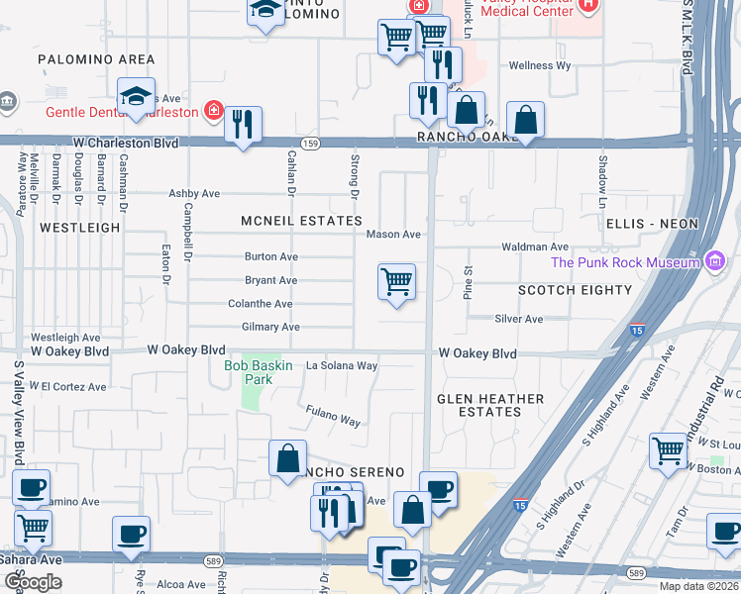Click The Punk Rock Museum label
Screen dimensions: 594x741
click(x=624, y=262)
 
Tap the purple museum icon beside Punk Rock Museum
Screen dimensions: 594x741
click(x=713, y=261)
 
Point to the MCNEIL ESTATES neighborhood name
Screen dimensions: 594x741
click(x=301, y=221)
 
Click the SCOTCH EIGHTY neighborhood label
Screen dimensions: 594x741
click(x=575, y=290)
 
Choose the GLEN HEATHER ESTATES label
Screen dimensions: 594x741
click(x=491, y=405)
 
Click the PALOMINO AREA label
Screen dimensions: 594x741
click(x=96, y=59)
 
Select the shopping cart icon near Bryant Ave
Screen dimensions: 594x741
click(x=396, y=282)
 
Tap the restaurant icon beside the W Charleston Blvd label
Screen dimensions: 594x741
click(x=243, y=125)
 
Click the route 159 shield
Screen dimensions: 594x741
click(x=310, y=144)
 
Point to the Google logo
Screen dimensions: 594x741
click(x=33, y=582)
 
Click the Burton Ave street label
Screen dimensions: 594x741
click(x=271, y=256)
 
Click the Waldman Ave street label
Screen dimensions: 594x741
click(x=536, y=247)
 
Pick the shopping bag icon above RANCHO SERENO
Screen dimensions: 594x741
click(x=287, y=458)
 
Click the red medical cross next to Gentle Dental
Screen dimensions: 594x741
click(x=212, y=110)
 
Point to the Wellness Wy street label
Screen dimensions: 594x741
click(x=540, y=65)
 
